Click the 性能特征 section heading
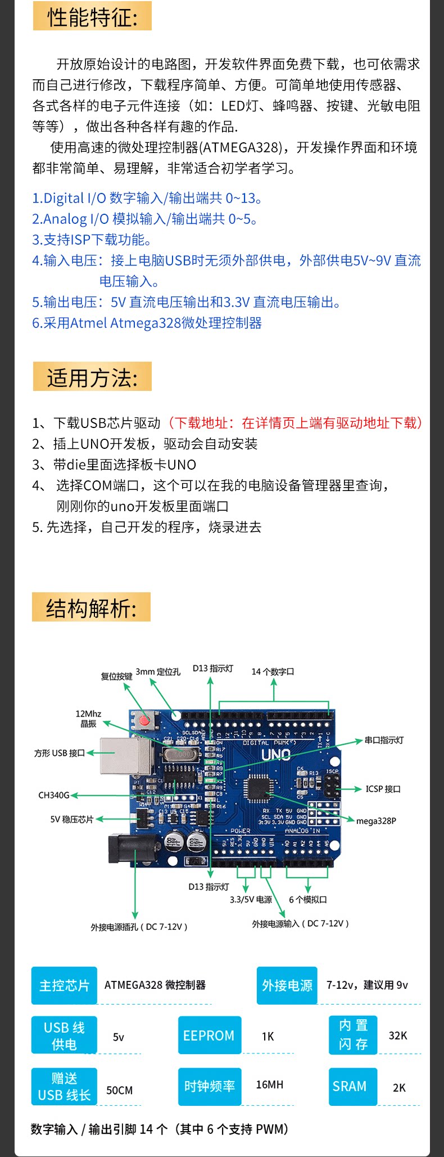(92, 17)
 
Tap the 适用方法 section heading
(92, 377)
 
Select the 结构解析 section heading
(91, 608)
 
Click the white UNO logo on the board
(275, 755)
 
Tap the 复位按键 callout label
(116, 676)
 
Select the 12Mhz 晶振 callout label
(88, 718)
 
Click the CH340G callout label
(54, 795)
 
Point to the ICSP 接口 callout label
(383, 789)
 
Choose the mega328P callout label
(376, 821)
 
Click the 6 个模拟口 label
(307, 899)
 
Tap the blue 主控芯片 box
(64, 985)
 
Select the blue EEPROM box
(209, 1035)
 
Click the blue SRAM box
(349, 1086)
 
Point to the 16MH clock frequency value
(269, 1084)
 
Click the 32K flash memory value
(398, 1036)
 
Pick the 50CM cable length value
(119, 1090)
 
